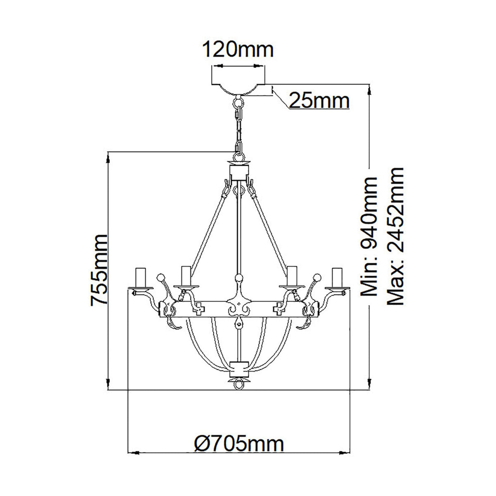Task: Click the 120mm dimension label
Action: point(238,50)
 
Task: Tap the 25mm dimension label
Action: point(319,100)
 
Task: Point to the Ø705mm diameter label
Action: point(239,444)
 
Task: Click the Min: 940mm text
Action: point(369,236)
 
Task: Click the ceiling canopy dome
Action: point(238,89)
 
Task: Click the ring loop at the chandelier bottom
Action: point(238,385)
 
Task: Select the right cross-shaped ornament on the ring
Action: point(279,307)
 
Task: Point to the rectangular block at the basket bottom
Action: point(238,367)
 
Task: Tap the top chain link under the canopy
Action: point(238,101)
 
